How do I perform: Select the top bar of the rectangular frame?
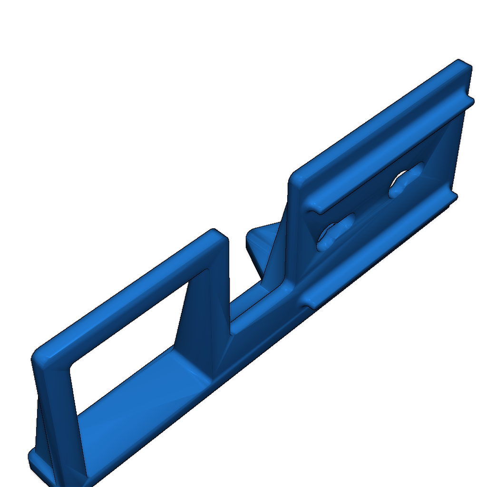[128, 290]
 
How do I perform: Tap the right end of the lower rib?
[452, 196]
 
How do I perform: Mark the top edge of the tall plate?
[380, 119]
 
